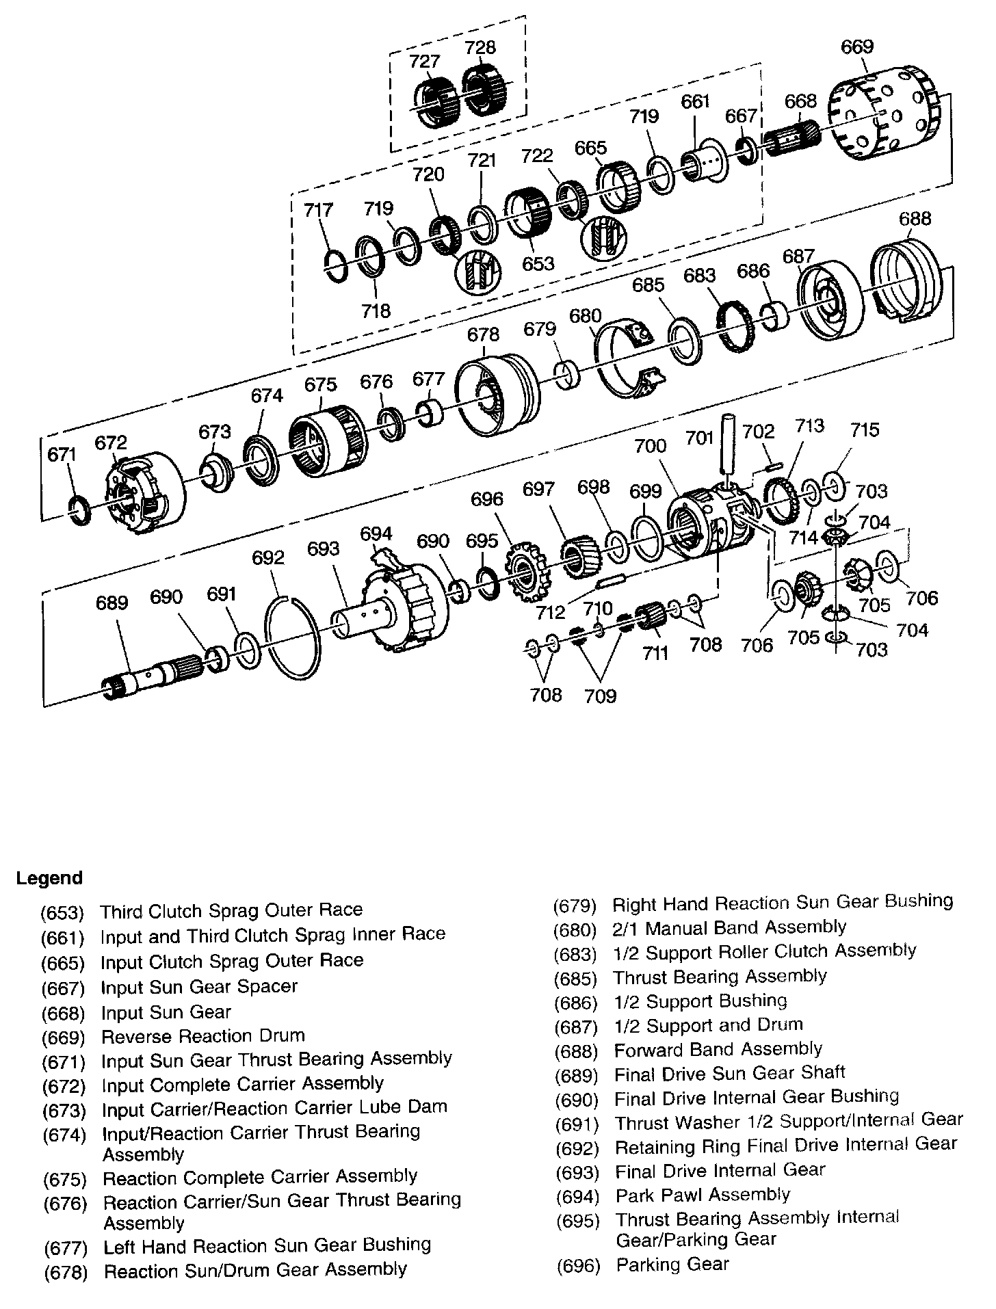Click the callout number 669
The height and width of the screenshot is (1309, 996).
click(x=856, y=47)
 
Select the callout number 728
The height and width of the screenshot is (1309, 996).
click(x=480, y=48)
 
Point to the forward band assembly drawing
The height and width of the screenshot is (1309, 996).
click(x=906, y=280)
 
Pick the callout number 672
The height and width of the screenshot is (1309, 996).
click(x=111, y=443)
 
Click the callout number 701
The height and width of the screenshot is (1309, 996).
click(x=700, y=438)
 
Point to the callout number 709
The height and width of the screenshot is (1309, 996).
click(x=600, y=696)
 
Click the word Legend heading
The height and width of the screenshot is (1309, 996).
click(x=49, y=878)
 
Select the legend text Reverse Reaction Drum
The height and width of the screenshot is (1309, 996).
click(x=202, y=1035)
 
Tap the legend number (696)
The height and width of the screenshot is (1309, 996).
click(x=579, y=1265)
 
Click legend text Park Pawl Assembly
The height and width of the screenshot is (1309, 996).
click(x=703, y=1195)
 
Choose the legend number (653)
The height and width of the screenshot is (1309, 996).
click(x=62, y=912)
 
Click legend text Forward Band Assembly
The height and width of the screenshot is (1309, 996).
click(x=718, y=1049)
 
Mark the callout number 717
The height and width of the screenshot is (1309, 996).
click(x=319, y=209)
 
